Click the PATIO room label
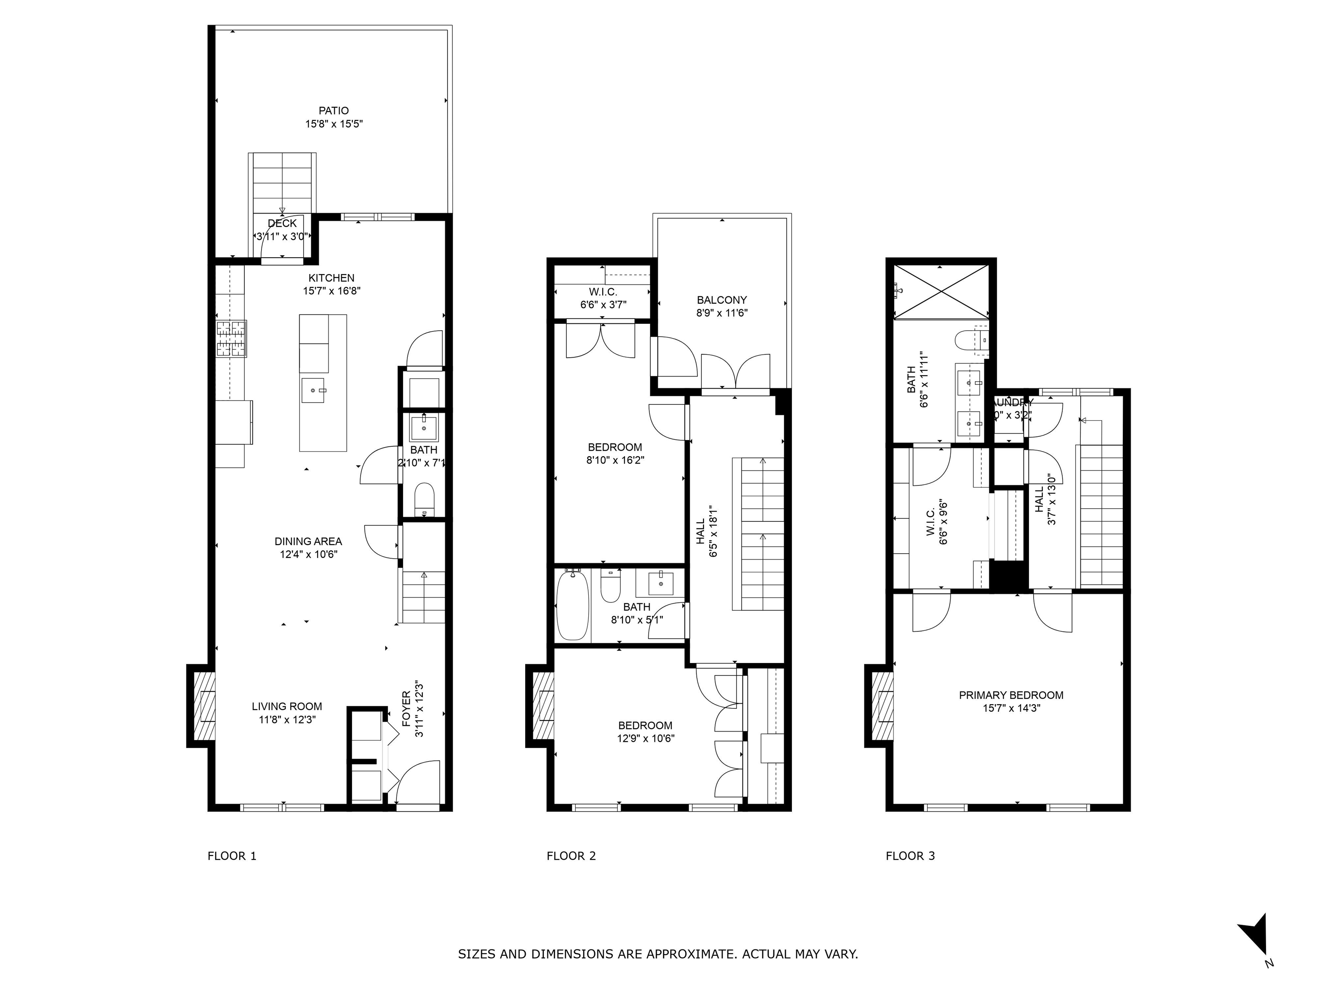point(334,111)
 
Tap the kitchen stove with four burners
point(231,339)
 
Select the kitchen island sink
point(313,390)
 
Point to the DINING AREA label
point(308,541)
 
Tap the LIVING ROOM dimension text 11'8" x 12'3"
point(286,720)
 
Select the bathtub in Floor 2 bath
point(572,605)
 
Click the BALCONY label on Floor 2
point(722,300)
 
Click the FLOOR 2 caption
point(570,856)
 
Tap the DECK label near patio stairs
point(282,223)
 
